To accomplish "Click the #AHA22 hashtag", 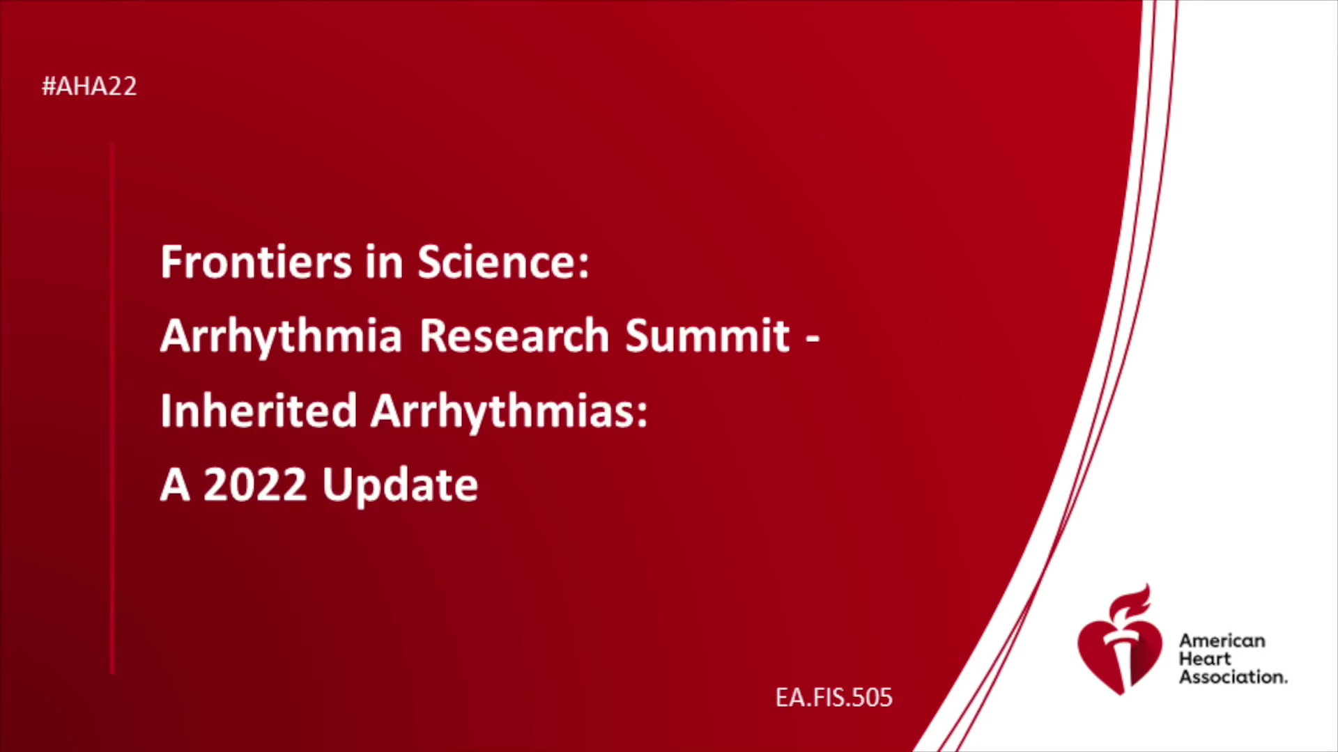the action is [89, 86].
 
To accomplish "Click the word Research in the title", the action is [515, 336].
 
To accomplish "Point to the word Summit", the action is [707, 336].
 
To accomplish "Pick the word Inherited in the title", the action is [259, 411].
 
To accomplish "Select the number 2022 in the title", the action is [255, 485].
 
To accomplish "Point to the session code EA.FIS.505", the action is [834, 698].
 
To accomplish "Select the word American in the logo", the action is [1222, 641].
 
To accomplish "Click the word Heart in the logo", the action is [1205, 659].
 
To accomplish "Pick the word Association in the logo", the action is [1233, 677].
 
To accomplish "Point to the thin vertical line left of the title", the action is [112, 408].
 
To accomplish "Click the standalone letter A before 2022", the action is [175, 485].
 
